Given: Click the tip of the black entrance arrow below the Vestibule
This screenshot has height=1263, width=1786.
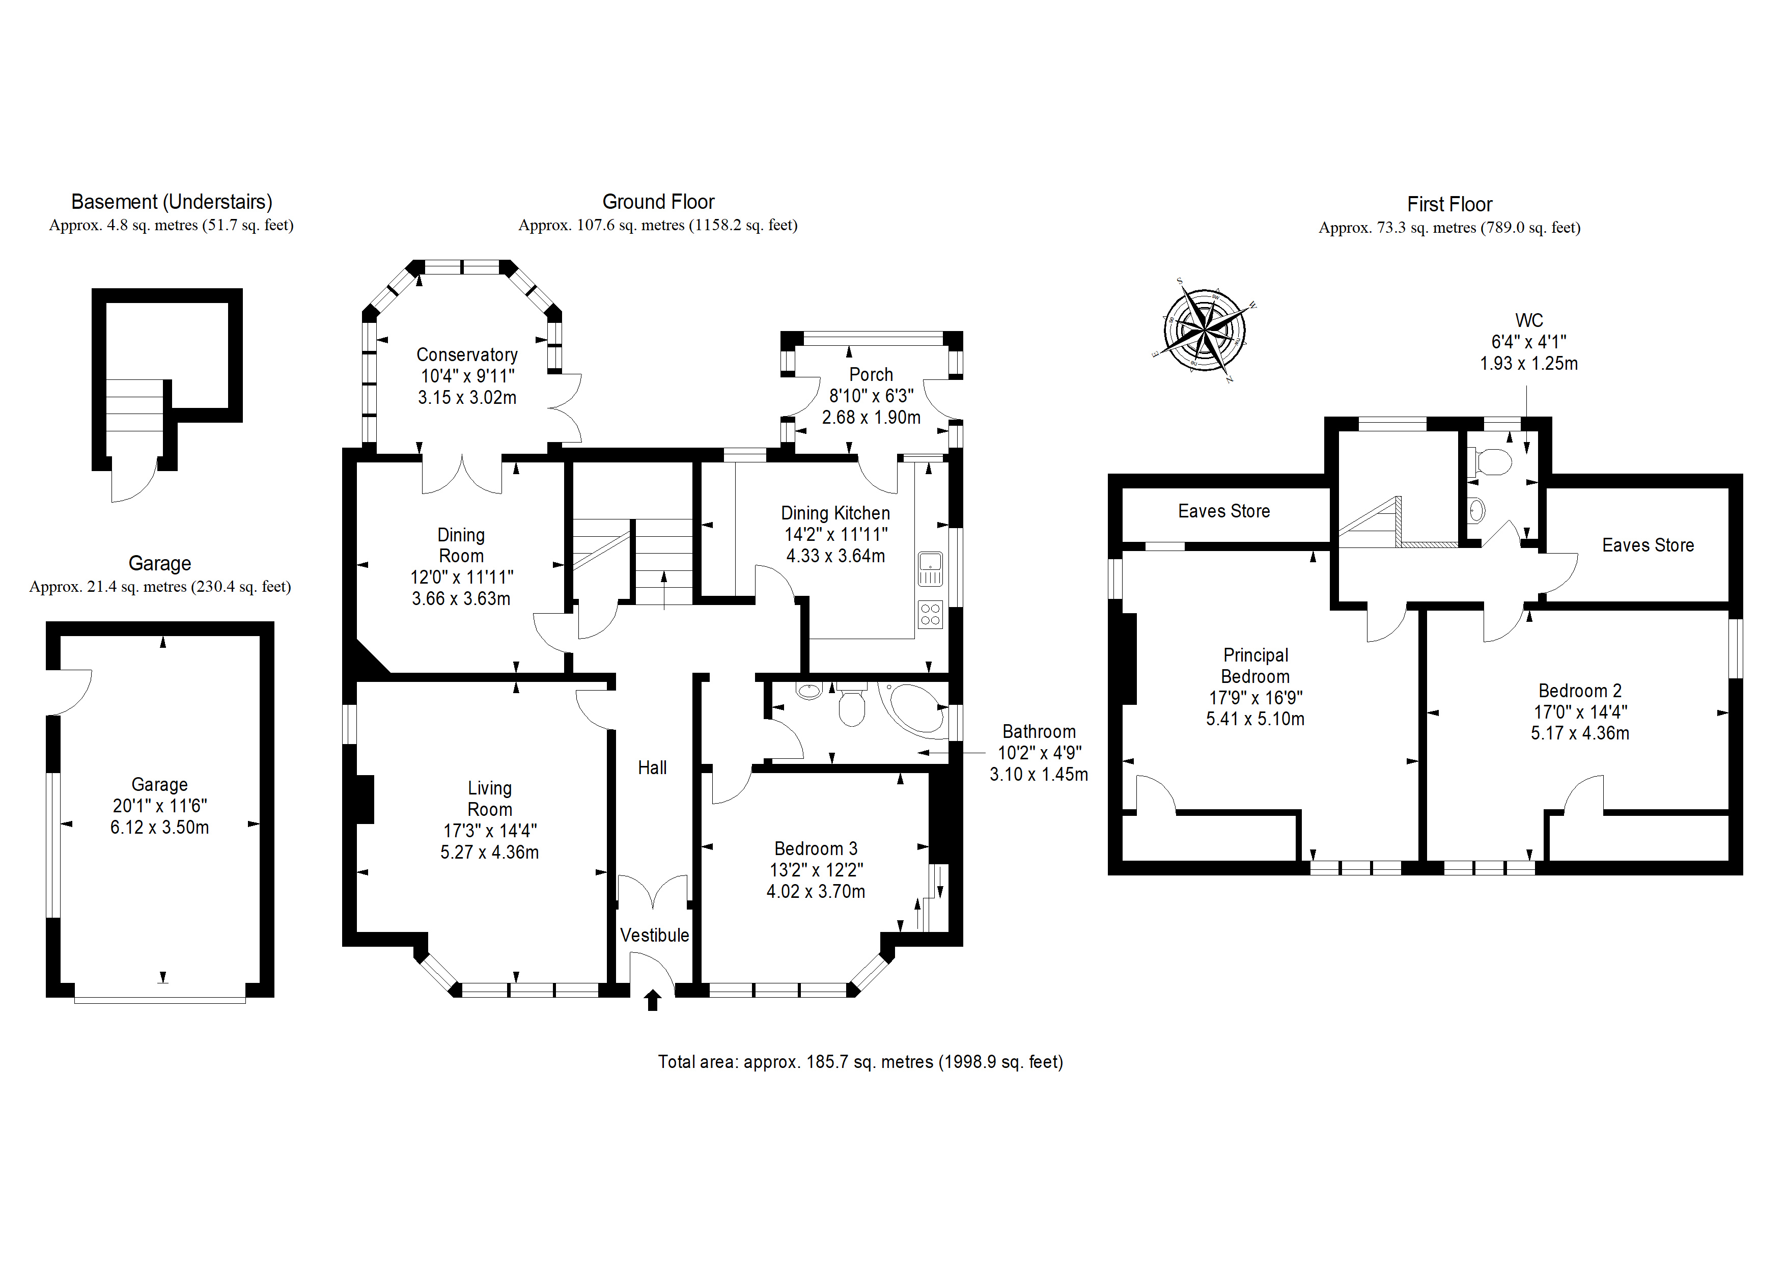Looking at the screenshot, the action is coord(653,990).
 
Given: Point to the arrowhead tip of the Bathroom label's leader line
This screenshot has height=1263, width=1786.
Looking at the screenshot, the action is coord(918,753).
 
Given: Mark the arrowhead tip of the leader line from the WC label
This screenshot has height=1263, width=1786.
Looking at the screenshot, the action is coord(1526,454).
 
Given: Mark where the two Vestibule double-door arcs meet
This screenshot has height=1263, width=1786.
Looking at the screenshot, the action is coord(653,909).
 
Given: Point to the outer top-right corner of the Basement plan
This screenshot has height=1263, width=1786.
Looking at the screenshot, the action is coord(243,289).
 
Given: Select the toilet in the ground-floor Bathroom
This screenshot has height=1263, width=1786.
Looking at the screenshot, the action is coord(852,705).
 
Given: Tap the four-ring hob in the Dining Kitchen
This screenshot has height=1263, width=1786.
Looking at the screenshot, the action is coord(930,614).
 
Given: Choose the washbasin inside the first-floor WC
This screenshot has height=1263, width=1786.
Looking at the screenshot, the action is coord(1477,510).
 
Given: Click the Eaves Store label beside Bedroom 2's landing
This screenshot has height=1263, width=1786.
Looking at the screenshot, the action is coord(1648,545).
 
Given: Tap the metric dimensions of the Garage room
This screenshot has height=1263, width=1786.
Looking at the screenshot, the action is coord(159,827).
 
